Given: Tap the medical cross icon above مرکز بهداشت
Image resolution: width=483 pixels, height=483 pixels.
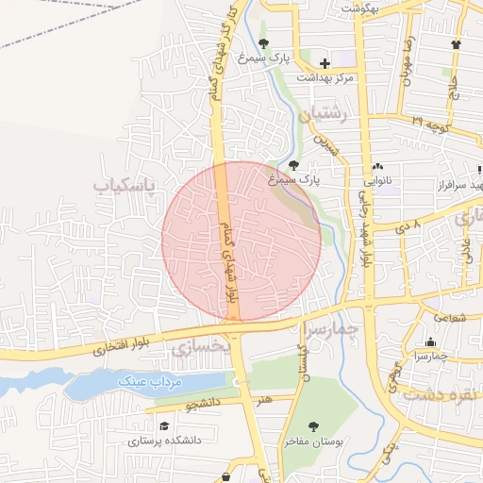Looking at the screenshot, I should tap(325, 63).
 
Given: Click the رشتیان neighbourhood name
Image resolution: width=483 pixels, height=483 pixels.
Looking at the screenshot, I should tap(325, 116).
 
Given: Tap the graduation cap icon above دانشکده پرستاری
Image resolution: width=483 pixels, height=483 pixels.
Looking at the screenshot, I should tap(165, 426).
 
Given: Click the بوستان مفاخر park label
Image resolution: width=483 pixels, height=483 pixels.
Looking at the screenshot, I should tap(312, 441).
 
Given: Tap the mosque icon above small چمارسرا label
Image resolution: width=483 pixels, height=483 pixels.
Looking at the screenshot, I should tap(431, 342).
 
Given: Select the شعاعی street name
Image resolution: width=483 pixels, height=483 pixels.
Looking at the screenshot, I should tap(452, 318).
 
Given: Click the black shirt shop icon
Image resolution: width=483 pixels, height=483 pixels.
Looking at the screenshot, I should tap(457, 43).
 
